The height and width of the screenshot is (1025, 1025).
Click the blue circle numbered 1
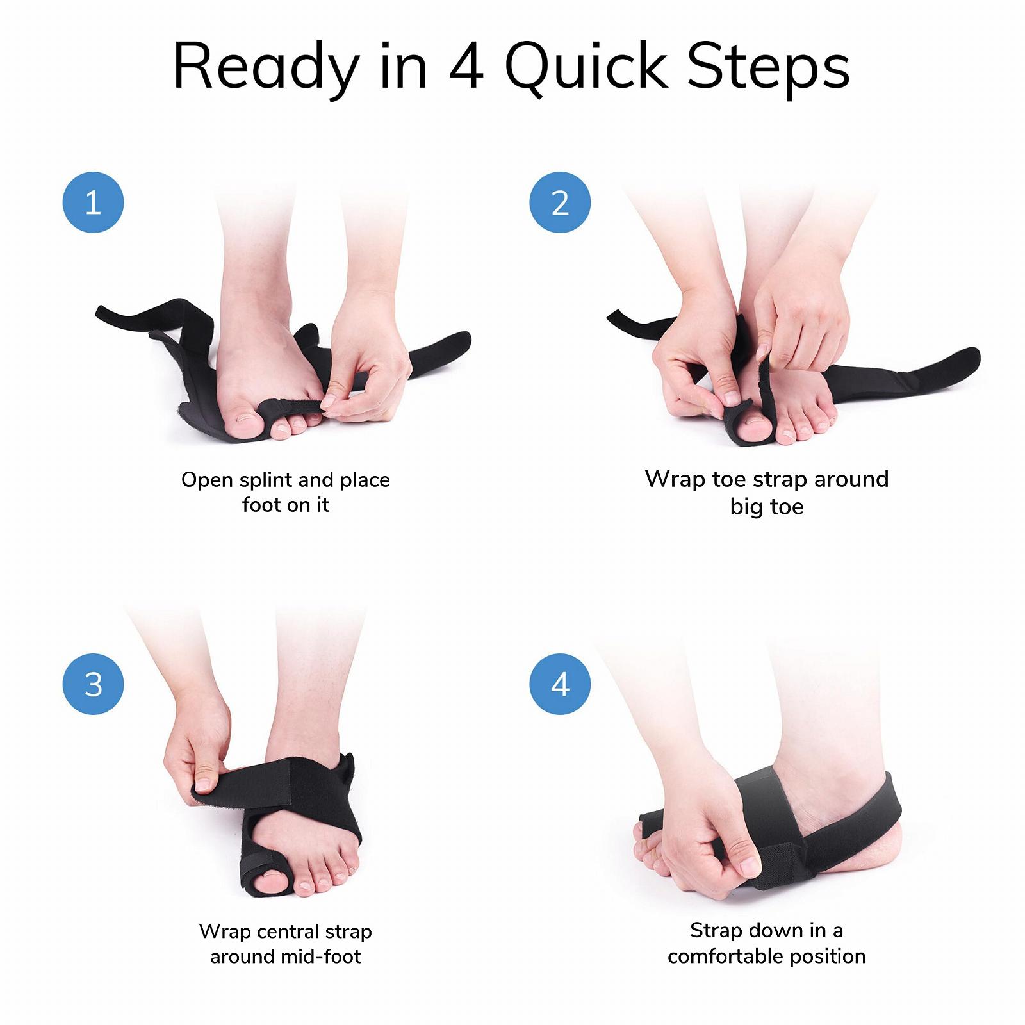93,202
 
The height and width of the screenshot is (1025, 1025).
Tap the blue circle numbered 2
560,202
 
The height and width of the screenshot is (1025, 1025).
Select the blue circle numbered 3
93,684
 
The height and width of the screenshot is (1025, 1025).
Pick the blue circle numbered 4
560,684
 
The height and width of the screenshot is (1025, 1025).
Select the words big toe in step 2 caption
767,507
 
